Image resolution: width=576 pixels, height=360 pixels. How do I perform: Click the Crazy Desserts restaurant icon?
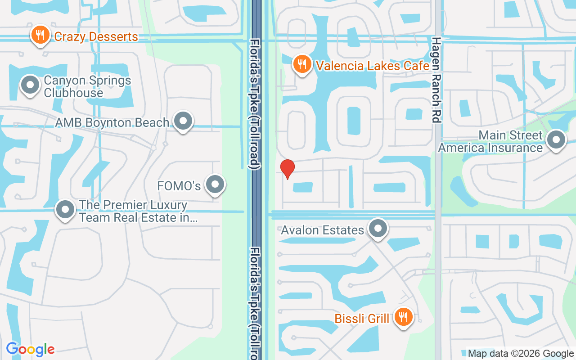pos(40,36)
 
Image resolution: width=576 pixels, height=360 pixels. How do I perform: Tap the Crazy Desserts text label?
pos(96,36)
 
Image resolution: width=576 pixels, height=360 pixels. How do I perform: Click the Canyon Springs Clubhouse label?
pos(87,87)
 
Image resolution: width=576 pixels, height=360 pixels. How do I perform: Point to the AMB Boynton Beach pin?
pos(183,121)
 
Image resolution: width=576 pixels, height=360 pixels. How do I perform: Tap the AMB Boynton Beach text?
pos(112,122)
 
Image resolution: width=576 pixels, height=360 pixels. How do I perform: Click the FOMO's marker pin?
pos(215,184)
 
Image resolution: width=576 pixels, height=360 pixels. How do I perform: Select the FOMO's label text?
pos(179,186)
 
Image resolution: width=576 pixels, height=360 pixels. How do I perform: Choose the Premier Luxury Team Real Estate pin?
pos(66,210)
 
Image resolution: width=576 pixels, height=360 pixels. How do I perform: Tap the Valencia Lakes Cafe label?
pos(373,66)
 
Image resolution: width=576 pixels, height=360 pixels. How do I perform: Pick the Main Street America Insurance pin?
pos(556,140)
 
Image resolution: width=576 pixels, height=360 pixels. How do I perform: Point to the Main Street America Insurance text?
pos(490,142)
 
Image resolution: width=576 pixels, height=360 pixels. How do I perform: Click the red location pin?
pos(287,169)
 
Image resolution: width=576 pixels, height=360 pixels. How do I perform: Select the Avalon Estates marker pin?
pos(378,229)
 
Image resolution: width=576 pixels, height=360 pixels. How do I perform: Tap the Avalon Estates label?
pos(322,230)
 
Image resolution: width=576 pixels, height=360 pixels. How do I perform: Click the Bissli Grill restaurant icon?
pos(404,317)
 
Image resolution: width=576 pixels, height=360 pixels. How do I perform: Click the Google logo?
pos(30,349)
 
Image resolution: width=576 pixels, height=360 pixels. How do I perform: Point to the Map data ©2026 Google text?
pos(521,354)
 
